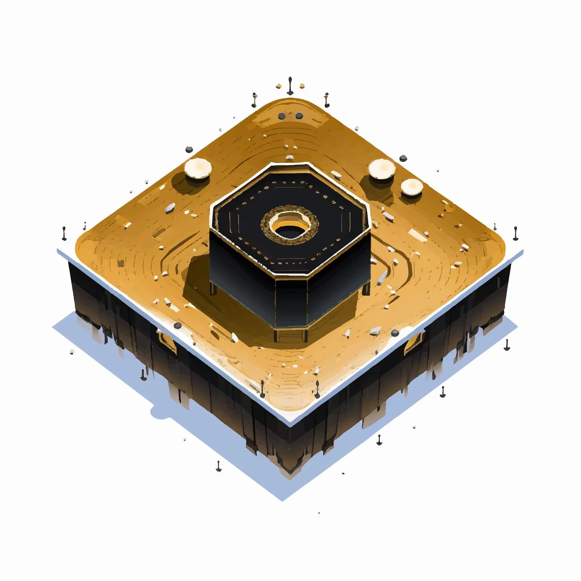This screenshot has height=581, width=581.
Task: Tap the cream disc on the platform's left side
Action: coord(198,168)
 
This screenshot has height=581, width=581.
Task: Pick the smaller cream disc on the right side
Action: coord(412,187)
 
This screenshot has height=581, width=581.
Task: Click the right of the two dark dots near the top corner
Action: coord(299,116)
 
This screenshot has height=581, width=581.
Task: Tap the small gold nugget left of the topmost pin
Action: coord(279,86)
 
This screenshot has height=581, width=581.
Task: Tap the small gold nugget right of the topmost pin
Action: coord(301,86)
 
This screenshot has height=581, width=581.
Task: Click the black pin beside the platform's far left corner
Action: coord(64,233)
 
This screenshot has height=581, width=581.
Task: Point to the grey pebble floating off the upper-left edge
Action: coord(189,149)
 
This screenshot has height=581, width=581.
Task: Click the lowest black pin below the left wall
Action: coord(218,466)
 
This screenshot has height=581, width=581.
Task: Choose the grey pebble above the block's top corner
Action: coord(289,157)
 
